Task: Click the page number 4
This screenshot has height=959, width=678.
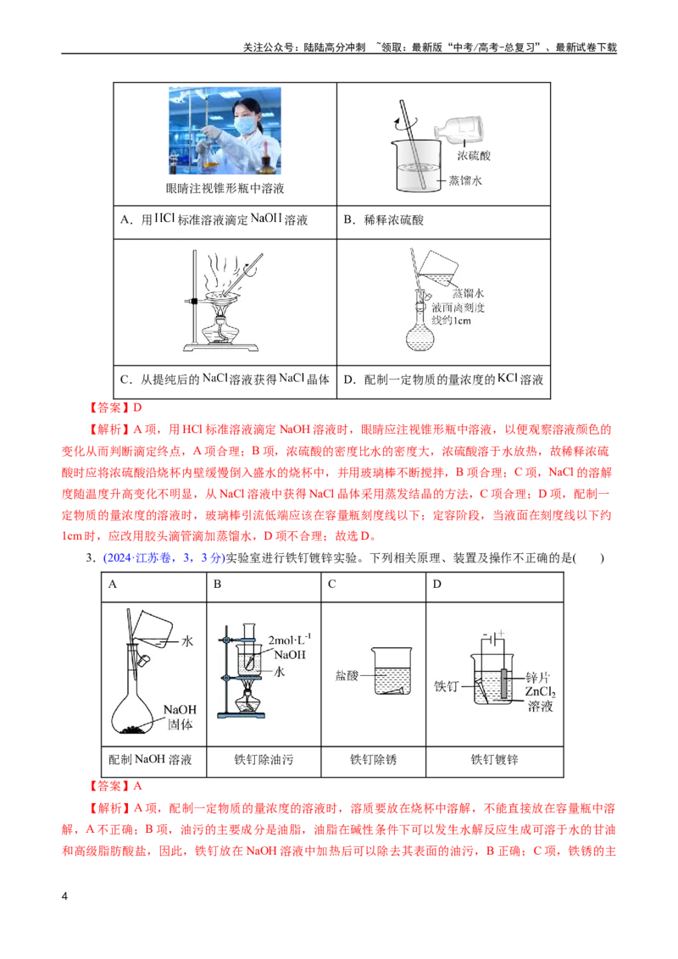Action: pos(65,896)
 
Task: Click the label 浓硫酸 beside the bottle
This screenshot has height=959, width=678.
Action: pos(474,156)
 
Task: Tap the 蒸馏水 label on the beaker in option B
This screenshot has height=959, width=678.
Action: pos(465,180)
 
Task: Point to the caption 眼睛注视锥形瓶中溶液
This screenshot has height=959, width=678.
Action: pos(225,188)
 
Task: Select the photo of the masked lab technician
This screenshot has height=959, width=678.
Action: pos(225,130)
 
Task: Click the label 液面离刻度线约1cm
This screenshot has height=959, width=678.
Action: pos(458,313)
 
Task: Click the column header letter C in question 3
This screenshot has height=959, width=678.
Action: pos(331,584)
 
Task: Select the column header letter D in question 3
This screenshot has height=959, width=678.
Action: pos(437,584)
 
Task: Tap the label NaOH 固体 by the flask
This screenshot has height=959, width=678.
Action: pos(180,717)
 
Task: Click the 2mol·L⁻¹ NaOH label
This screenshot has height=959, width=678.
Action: pos(290,647)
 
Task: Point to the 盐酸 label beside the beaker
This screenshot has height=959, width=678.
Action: pos(347,675)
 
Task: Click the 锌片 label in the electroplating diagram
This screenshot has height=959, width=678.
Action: pos(538,677)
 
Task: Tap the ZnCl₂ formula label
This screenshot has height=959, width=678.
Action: pos(541,692)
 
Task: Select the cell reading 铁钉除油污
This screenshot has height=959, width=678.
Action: pos(264,760)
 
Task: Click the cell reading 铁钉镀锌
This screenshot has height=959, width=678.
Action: pos(494,760)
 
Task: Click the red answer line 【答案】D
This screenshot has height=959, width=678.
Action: pos(115,407)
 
